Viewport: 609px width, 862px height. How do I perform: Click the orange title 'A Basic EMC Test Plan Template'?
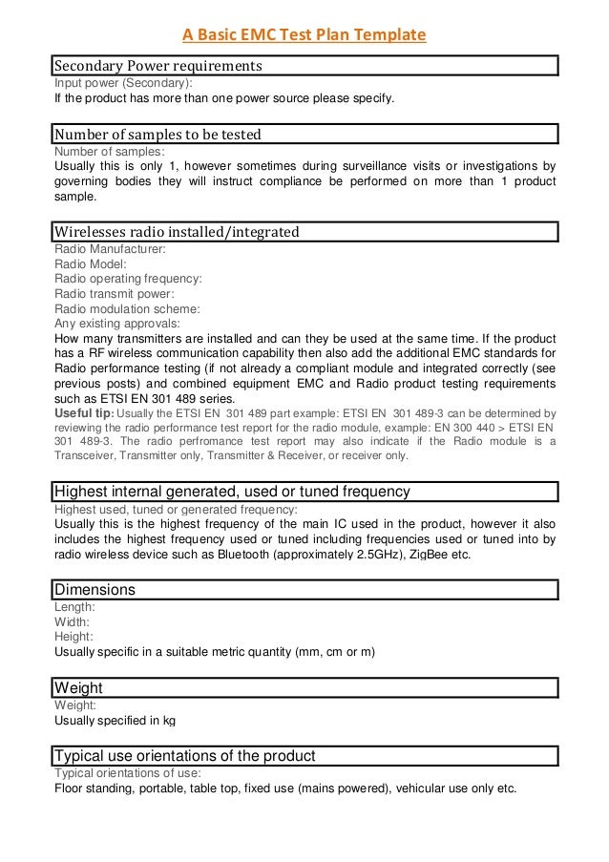(x=304, y=36)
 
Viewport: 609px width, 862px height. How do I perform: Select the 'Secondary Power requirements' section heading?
(x=157, y=67)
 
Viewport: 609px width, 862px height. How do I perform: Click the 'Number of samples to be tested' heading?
(x=157, y=134)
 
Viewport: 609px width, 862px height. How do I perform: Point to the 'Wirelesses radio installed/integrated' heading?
(x=177, y=231)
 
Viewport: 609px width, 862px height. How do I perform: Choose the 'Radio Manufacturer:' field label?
(x=110, y=248)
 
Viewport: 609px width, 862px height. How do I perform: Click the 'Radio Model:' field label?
(x=92, y=263)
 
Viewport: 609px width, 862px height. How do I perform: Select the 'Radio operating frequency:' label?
(x=128, y=279)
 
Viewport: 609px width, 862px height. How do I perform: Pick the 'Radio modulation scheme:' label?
(x=127, y=309)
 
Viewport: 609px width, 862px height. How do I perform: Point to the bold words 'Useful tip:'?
(x=84, y=412)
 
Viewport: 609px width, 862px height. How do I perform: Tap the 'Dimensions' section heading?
(x=95, y=589)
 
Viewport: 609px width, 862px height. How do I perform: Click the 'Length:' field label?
(x=74, y=606)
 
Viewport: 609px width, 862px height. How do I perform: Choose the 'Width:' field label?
(x=73, y=621)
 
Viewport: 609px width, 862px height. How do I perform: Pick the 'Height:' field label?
(x=74, y=636)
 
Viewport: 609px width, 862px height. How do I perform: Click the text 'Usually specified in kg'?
(x=115, y=720)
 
